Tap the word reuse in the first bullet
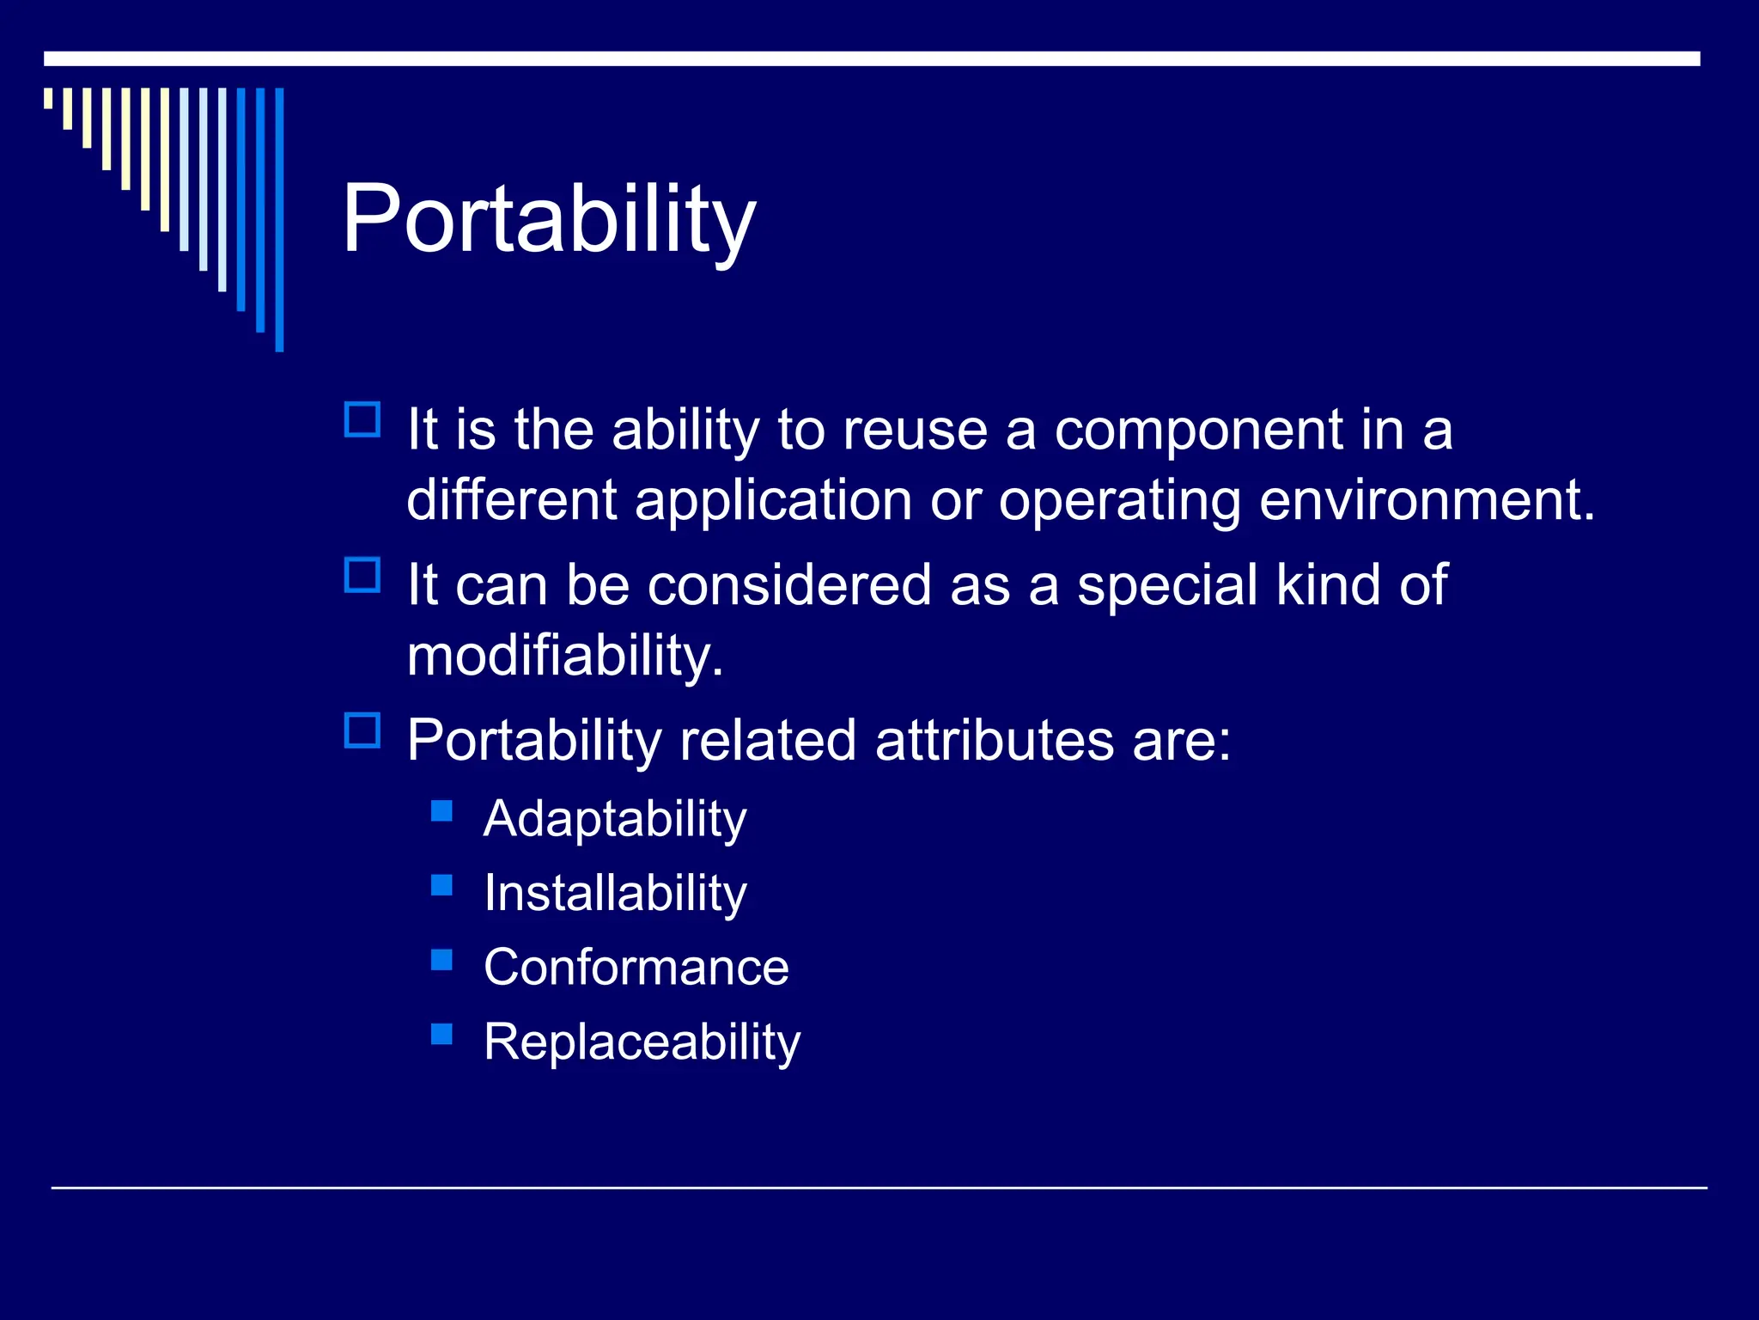tap(914, 430)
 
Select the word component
tap(1197, 430)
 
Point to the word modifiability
tap(565, 656)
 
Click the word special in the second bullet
tap(1167, 585)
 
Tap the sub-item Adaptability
tap(614, 819)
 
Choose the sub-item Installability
tap(614, 894)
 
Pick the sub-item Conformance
tap(636, 968)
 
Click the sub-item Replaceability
tap(642, 1042)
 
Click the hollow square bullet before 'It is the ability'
tap(362, 420)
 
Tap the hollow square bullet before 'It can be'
tap(362, 575)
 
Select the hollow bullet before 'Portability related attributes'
tap(362, 730)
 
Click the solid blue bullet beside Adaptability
tap(441, 810)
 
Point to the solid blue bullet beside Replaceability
tap(441, 1034)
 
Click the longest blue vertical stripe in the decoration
tap(279, 219)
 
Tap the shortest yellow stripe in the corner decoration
tap(48, 98)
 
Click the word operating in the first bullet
tap(1119, 500)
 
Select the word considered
tap(788, 585)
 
